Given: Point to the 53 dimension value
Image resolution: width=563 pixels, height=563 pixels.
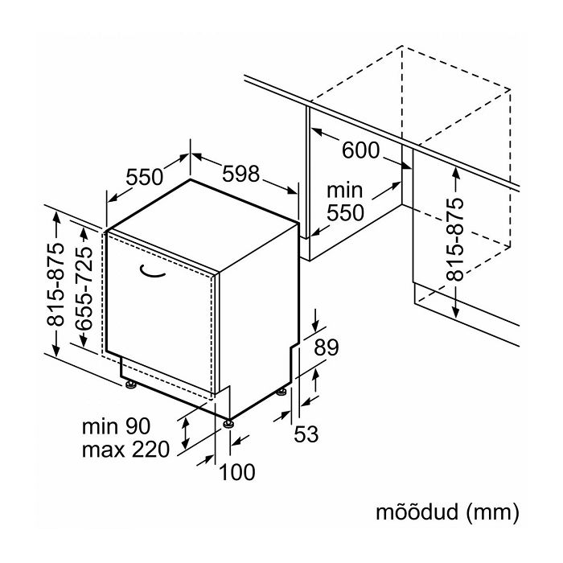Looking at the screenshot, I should coord(306,434).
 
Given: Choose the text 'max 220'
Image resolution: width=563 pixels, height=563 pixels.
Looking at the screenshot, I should coord(125,449).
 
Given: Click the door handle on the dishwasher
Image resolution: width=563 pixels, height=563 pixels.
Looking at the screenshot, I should coord(157,273).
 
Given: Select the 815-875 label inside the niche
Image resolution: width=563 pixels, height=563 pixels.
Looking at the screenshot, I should coord(455,239).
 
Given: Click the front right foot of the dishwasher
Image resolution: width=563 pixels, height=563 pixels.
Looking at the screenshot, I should coord(229,421).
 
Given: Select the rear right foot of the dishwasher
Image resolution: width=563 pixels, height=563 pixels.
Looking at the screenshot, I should coord(281,392).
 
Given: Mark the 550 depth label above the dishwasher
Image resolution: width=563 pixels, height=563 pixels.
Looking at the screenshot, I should coord(145,177).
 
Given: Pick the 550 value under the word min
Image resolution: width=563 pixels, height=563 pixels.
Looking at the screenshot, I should coord(347,213).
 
